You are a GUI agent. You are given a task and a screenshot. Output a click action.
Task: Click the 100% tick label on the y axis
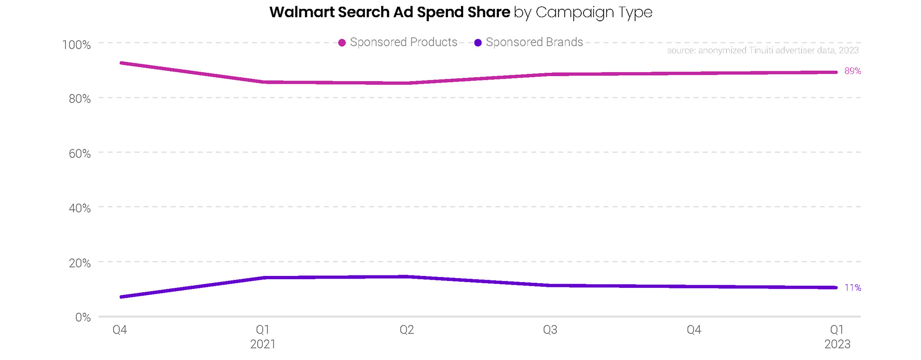click(76, 45)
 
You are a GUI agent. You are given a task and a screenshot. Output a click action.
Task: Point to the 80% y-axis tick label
click(79, 99)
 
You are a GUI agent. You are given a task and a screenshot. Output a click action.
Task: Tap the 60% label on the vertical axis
click(79, 154)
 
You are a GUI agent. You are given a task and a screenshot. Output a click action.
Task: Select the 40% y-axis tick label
click(79, 208)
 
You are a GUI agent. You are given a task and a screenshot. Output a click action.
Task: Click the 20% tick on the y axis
click(79, 263)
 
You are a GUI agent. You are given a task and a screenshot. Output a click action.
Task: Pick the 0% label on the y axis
click(82, 317)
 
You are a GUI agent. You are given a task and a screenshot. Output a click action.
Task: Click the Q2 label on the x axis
click(407, 330)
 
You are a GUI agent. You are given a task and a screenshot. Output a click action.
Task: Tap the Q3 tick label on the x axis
click(550, 330)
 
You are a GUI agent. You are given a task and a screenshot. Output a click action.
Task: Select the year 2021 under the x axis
click(263, 344)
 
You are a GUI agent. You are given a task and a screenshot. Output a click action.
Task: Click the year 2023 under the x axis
click(837, 344)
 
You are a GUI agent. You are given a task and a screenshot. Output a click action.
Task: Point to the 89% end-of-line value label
click(853, 71)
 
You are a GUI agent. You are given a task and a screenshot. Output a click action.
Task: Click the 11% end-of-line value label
click(853, 287)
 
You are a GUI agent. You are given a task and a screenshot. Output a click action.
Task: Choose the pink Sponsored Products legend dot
click(342, 43)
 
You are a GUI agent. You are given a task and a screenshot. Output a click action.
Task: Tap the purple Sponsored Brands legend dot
click(478, 43)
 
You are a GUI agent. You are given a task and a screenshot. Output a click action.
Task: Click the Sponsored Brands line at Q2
click(407, 276)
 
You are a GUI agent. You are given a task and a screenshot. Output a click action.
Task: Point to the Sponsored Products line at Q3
click(550, 74)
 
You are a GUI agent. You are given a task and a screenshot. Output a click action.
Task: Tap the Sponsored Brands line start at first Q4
click(121, 297)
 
